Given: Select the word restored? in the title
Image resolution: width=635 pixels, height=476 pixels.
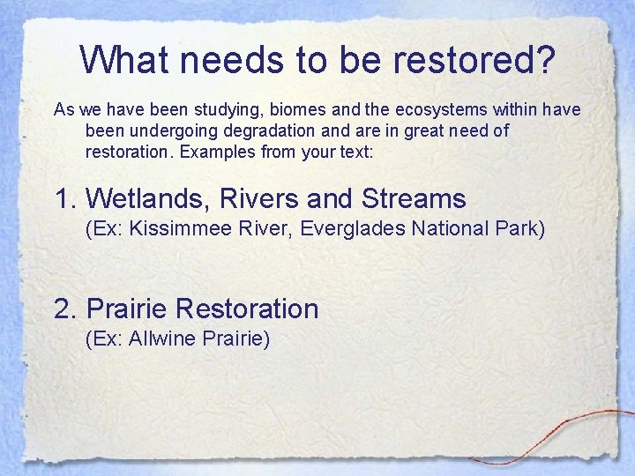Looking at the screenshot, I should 484,60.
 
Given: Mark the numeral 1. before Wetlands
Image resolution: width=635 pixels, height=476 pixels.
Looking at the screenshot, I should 67,198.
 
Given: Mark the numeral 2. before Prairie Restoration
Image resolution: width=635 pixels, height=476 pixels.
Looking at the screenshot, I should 67,309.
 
